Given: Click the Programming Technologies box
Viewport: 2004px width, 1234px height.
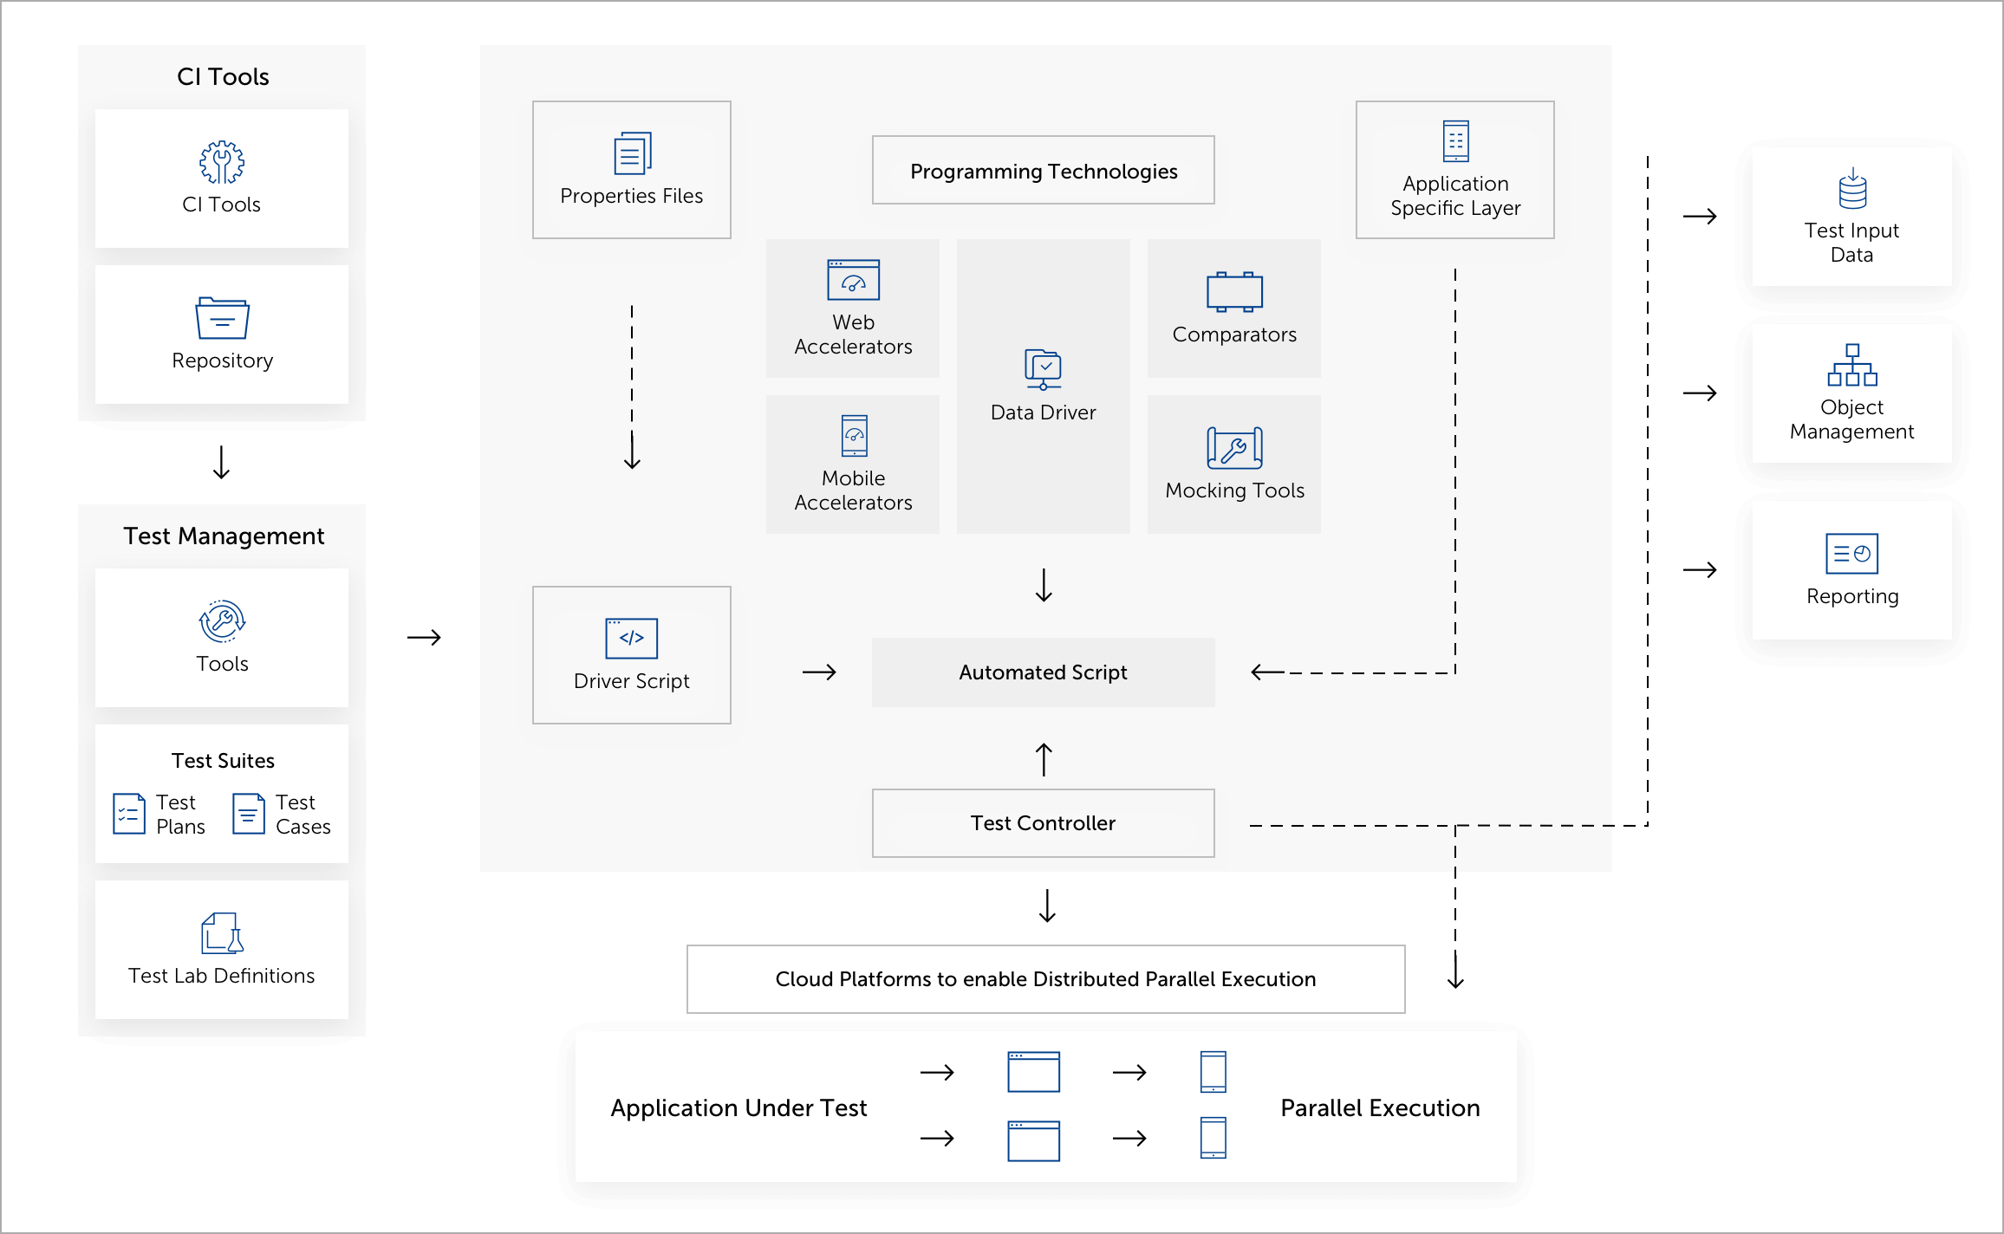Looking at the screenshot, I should [x=1043, y=171].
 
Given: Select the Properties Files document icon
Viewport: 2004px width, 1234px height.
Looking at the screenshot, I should [x=632, y=154].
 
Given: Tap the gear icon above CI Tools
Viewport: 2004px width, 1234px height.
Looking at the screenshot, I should [x=222, y=162].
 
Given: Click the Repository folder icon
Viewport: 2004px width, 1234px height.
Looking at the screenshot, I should [x=222, y=318].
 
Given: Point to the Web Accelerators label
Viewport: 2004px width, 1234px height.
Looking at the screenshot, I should [x=853, y=334].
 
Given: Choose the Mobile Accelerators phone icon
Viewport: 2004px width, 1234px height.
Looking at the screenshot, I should [x=854, y=436].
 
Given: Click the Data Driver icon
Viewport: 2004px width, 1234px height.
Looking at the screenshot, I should [x=1043, y=369].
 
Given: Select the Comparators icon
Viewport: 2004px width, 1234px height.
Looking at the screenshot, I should [x=1234, y=292].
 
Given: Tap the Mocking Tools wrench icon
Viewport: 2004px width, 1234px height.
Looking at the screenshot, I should [x=1234, y=448].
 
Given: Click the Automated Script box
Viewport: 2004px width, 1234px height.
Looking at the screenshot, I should [x=1043, y=672].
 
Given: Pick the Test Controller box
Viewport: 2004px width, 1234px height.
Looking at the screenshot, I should [x=1043, y=823].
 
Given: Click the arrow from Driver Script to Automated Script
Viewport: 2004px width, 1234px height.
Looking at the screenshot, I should [x=819, y=672].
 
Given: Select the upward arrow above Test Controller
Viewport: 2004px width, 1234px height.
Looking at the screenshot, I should [x=1044, y=760].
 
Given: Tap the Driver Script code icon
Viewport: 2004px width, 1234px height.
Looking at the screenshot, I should [x=631, y=639].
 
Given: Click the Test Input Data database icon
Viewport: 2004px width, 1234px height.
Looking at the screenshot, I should [x=1852, y=190].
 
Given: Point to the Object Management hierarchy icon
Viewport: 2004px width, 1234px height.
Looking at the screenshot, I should [x=1852, y=365].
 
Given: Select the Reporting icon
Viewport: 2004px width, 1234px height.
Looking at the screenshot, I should [x=1851, y=554].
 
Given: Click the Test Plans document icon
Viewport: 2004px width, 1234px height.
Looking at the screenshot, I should [x=129, y=814].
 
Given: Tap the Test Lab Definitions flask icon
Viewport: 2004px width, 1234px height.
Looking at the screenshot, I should [x=222, y=933].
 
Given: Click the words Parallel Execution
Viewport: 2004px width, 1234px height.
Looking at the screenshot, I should [x=1380, y=1107].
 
